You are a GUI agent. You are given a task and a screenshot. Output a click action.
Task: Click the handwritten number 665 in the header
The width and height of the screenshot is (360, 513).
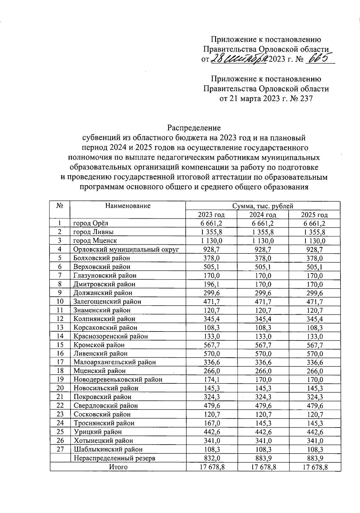pos(320,58)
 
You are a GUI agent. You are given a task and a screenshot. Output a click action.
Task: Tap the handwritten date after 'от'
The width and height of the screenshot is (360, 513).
pos(239,58)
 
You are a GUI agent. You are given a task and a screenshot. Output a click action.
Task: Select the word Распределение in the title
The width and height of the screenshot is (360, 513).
pos(194,128)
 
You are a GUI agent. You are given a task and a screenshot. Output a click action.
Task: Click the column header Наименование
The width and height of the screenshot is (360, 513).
pos(127,206)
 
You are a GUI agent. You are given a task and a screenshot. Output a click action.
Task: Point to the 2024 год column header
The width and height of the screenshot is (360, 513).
pos(262,215)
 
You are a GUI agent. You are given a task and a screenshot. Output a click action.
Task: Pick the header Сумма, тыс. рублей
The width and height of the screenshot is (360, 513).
pos(262,206)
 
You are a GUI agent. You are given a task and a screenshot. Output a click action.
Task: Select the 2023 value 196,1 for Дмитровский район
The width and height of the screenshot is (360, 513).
pos(211,284)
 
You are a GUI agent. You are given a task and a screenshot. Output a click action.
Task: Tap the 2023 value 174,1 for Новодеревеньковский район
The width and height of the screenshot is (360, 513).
pos(211,379)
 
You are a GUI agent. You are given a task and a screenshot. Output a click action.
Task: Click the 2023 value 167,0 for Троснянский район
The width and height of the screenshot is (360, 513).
pos(211,423)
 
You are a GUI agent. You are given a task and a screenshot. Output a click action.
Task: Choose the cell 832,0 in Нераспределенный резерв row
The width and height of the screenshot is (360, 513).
pos(211,458)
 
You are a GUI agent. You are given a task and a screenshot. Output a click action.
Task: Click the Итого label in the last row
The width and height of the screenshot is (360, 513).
pos(118,467)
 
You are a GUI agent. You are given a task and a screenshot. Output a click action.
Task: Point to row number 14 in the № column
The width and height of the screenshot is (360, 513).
pos(60,336)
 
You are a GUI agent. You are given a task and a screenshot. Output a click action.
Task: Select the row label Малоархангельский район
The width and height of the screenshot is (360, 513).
pos(115,362)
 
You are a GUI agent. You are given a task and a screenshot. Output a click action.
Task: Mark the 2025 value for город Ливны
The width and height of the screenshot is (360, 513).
pos(314,232)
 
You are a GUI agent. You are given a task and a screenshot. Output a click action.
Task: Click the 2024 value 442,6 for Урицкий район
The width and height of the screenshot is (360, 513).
pos(262,432)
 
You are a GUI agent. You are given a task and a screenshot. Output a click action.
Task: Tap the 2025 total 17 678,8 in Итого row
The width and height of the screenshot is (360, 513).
pos(314,467)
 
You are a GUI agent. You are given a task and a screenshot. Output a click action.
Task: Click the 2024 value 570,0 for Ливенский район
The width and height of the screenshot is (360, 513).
pos(262,354)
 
